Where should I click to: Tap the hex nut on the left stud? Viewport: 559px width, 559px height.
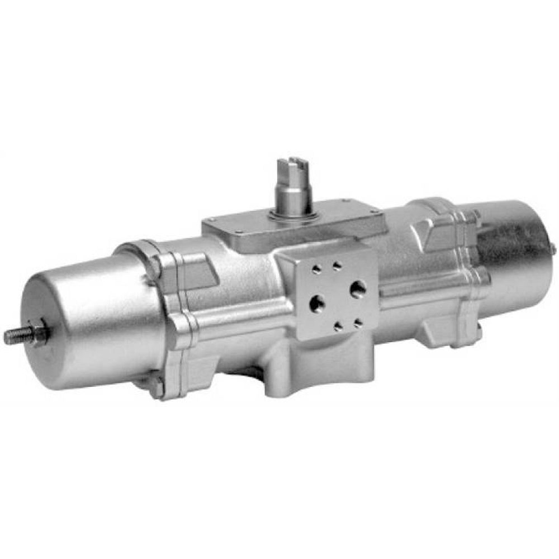tap(39, 333)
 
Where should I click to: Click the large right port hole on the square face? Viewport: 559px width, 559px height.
tap(358, 288)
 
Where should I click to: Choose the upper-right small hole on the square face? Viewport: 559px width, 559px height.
tap(338, 266)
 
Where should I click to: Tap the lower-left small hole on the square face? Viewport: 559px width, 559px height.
tap(338, 327)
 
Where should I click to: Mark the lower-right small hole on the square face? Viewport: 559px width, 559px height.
tap(358, 323)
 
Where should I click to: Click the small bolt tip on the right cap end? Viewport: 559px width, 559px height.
tap(553, 248)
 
